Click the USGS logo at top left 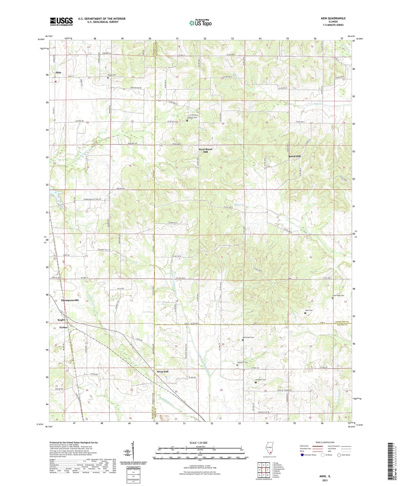tap(61, 21)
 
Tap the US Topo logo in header tap(201, 23)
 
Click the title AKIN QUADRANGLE tap(333, 18)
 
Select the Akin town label tap(58, 73)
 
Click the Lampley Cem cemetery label tap(192, 118)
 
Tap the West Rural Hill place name tap(205, 151)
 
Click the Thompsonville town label tap(70, 300)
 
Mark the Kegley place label tap(62, 320)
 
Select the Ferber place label tap(63, 327)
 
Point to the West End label tap(162, 372)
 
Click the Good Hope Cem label tap(338, 296)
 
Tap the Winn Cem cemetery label tap(309, 310)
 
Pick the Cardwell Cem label tap(260, 380)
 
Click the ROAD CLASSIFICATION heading tap(325, 442)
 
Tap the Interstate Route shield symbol tap(303, 455)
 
